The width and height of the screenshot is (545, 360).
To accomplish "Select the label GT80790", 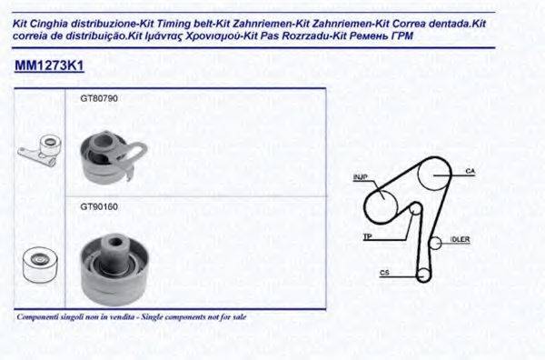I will [x=99, y=97].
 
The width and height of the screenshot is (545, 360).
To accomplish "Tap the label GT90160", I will [x=99, y=206].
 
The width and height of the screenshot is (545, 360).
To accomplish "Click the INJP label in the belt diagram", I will [x=359, y=176].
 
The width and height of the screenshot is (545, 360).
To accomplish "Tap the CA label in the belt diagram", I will [x=471, y=170].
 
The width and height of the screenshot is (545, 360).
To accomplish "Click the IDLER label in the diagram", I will [x=461, y=240].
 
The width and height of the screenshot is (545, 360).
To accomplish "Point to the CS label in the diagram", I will [x=384, y=272].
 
